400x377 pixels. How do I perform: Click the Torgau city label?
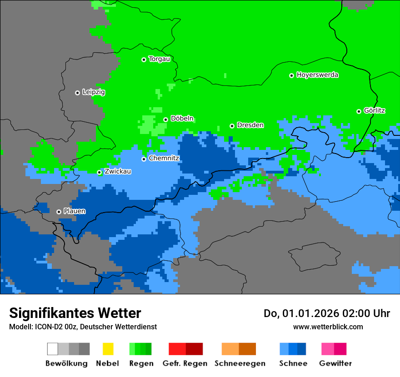click(x=160, y=59)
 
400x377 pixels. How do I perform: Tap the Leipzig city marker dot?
click(x=77, y=93)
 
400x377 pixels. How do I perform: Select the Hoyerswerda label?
click(x=317, y=75)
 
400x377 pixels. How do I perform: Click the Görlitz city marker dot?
click(x=359, y=111)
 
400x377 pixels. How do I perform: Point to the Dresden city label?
click(x=250, y=125)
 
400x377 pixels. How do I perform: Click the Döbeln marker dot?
click(x=165, y=119)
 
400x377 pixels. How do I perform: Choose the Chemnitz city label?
click(x=164, y=158)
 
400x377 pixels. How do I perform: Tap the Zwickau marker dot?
click(x=99, y=172)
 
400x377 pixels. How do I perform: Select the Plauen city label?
click(x=74, y=211)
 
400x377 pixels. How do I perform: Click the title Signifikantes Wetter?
click(x=75, y=313)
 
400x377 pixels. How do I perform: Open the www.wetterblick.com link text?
click(x=328, y=327)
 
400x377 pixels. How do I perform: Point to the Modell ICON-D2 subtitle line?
click(x=83, y=327)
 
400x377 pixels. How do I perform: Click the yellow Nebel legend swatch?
click(x=108, y=349)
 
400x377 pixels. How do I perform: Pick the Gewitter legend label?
click(x=335, y=363)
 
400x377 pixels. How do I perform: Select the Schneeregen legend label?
click(x=240, y=363)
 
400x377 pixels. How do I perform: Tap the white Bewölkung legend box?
click(x=53, y=349)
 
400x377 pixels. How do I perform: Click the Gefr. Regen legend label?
click(x=185, y=363)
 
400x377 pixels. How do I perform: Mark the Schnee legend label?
click(x=293, y=363)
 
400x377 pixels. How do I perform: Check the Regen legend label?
click(x=140, y=363)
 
